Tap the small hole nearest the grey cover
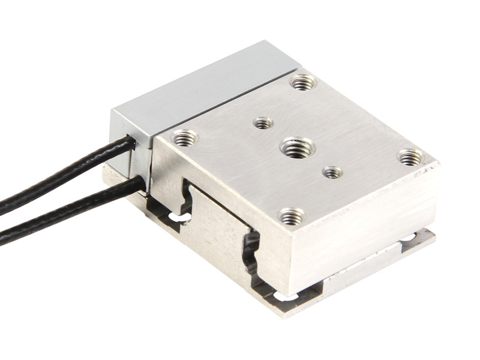point(263,123)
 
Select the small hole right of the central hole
point(332,173)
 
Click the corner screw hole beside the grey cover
point(303,81)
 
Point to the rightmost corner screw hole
point(410,157)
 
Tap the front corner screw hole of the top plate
point(292,215)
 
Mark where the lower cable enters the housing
point(143,183)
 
